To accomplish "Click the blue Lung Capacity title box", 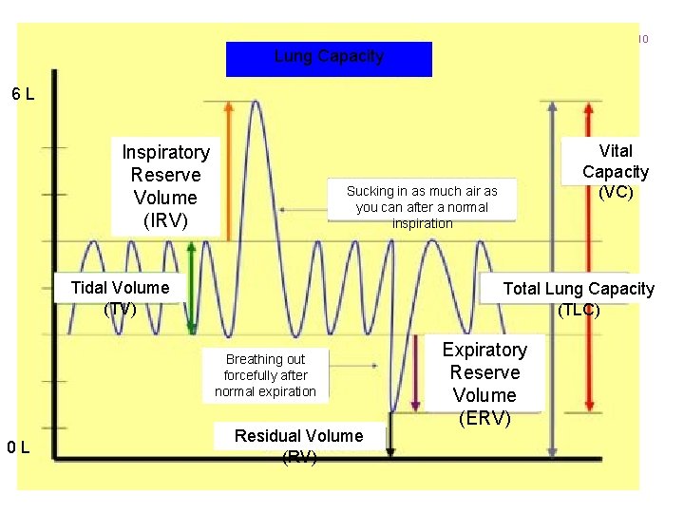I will coord(329,58).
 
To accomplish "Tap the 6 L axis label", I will coord(24,95).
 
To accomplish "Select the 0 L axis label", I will coord(21,447).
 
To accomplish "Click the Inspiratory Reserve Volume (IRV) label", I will coord(166,186).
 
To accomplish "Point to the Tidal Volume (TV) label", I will coord(121,296).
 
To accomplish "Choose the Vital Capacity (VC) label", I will coord(616,171).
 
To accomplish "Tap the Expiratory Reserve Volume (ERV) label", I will coord(484,383).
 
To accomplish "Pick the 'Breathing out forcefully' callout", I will coord(265,375).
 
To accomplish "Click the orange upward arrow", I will coord(228,166).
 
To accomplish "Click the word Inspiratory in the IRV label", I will coord(166,152).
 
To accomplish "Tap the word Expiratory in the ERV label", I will coord(484,350).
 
